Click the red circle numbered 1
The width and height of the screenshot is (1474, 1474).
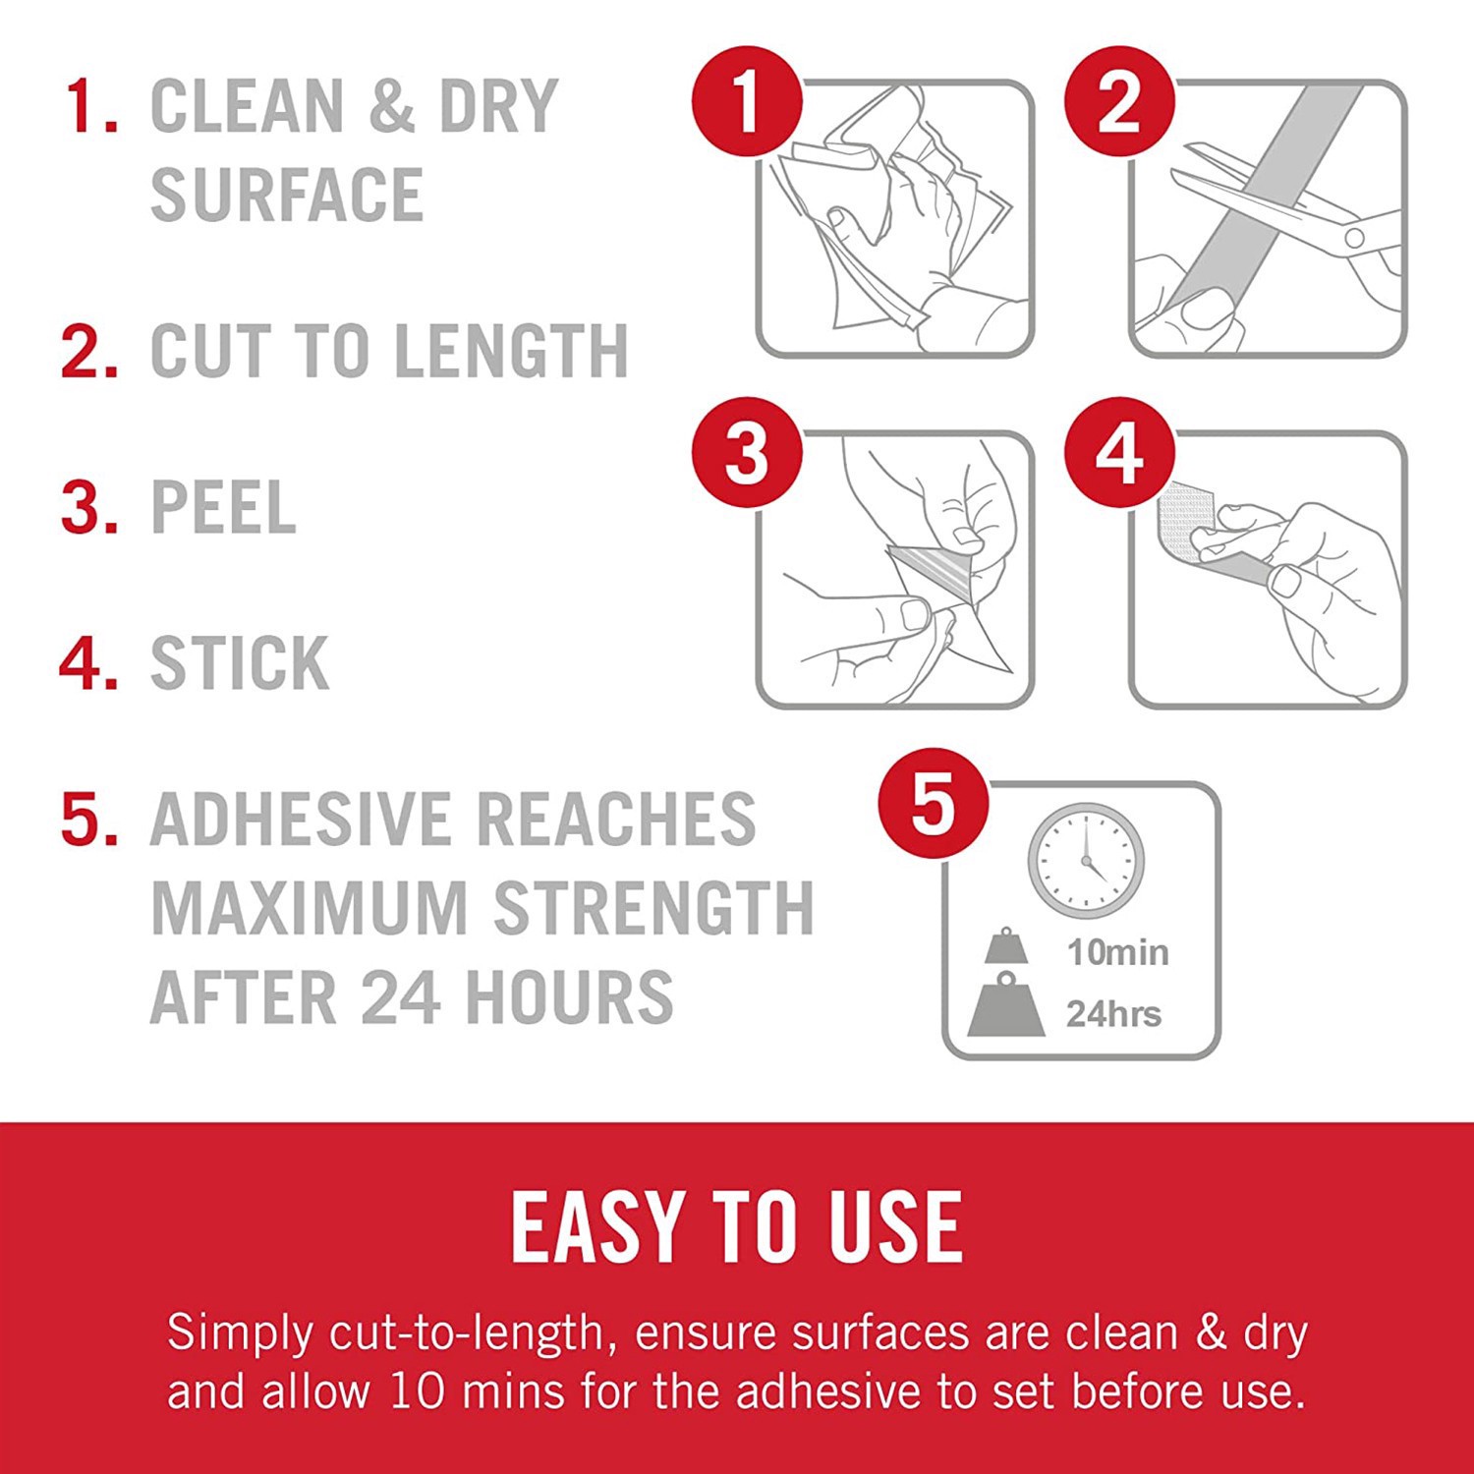(x=747, y=101)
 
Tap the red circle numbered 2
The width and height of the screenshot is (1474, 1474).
(x=1119, y=101)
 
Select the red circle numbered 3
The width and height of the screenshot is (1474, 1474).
(x=747, y=453)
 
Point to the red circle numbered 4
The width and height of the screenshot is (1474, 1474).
(x=1119, y=453)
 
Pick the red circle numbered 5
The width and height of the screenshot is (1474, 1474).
(x=934, y=804)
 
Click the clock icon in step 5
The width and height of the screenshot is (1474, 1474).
(x=1086, y=861)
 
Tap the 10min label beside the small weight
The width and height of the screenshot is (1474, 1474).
(x=1117, y=952)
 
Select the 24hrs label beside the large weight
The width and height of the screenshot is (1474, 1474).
(x=1113, y=1013)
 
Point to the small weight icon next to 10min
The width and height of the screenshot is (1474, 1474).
(x=1006, y=946)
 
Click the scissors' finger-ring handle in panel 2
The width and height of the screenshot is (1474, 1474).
(x=1355, y=237)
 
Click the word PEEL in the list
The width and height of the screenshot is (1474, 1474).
(x=222, y=508)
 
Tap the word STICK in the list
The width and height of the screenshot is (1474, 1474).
(x=239, y=663)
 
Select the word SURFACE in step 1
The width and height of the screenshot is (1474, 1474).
(x=286, y=195)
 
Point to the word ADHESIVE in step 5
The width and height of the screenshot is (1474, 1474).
(x=301, y=820)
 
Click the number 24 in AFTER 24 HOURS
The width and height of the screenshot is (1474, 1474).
(x=399, y=997)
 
